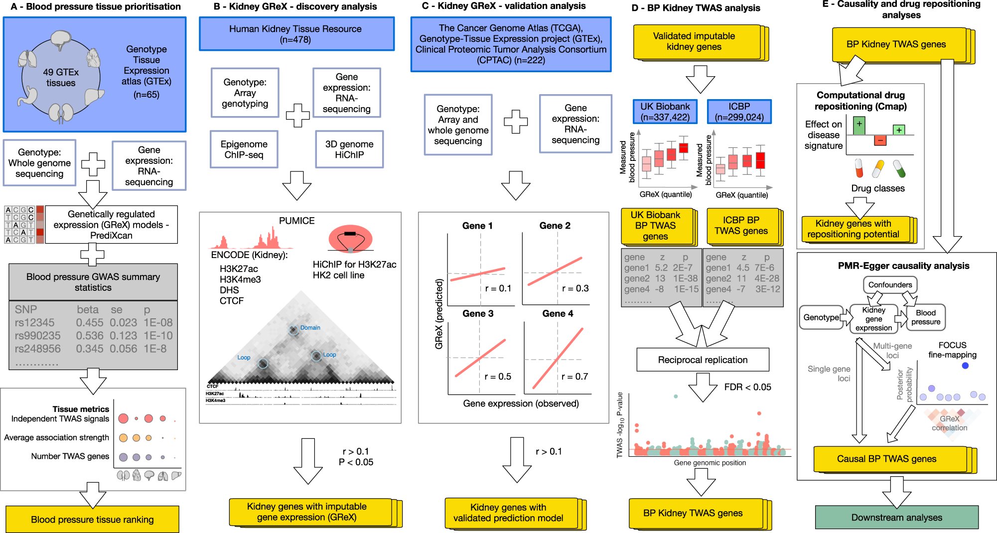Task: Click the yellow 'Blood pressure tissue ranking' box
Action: click(x=92, y=520)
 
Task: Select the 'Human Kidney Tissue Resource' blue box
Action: click(x=296, y=34)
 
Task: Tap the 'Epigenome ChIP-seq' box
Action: click(x=244, y=149)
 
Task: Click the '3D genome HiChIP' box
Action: click(x=349, y=149)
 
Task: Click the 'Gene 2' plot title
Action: click(x=555, y=226)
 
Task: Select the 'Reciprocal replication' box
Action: click(x=703, y=360)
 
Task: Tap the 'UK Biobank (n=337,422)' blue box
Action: click(x=665, y=112)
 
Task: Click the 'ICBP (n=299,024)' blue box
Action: click(x=739, y=112)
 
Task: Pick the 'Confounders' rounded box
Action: click(x=890, y=285)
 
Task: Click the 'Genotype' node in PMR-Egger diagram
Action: click(x=821, y=317)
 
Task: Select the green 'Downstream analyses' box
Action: click(x=896, y=518)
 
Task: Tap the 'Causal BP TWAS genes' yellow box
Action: click(x=886, y=459)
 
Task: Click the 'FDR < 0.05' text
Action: click(x=747, y=387)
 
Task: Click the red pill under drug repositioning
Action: click(x=858, y=168)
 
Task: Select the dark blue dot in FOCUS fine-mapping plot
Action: click(x=965, y=366)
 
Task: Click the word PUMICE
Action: click(x=296, y=221)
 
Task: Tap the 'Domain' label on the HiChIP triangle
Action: click(x=310, y=328)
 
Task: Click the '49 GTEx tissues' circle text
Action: click(x=61, y=78)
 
